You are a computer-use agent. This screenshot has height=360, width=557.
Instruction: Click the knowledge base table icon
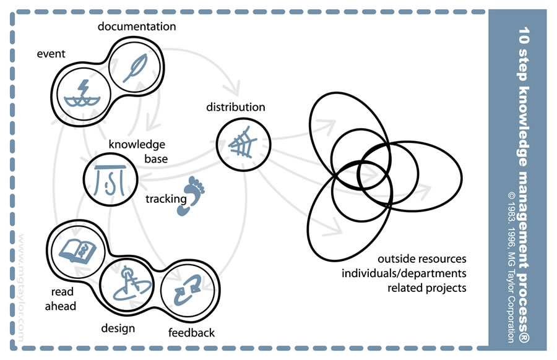point(110,179)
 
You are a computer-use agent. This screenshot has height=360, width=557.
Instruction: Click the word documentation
point(137,27)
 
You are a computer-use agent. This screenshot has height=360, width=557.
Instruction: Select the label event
point(51,53)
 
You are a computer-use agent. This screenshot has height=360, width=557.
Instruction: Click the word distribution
point(236,107)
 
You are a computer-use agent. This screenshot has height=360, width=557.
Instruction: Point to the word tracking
point(166,199)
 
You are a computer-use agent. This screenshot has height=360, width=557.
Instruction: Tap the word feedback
point(191,333)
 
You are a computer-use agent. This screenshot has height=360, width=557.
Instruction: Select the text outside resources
point(422,259)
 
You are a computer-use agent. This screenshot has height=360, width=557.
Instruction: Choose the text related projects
point(427,288)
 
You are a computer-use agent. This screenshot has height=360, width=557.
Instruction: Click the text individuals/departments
point(405,273)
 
